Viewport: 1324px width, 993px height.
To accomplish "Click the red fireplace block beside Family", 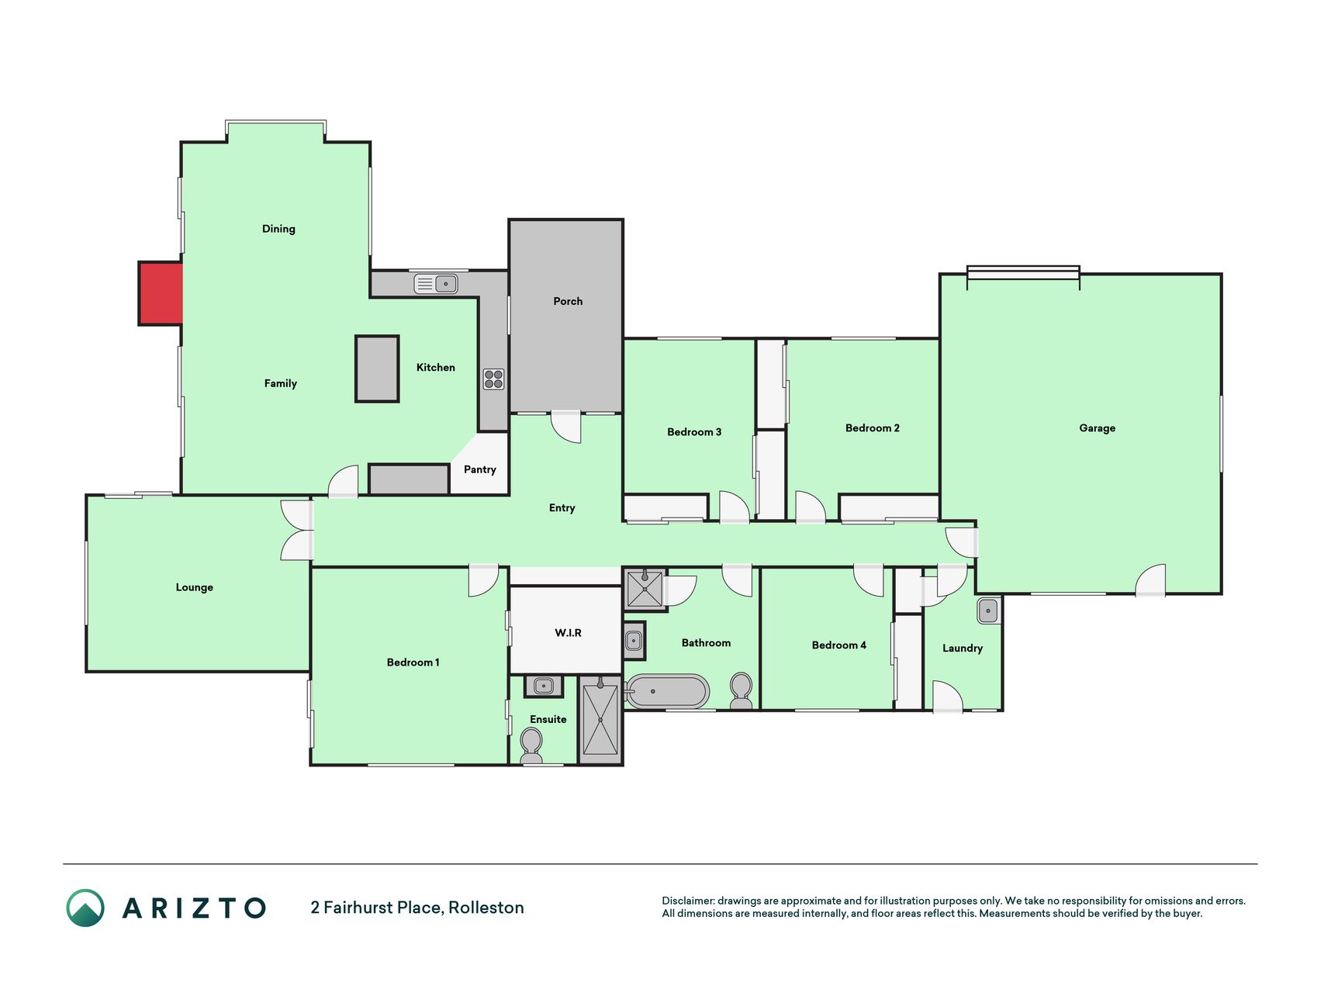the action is coord(161,293).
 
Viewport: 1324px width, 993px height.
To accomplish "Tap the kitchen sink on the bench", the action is coord(435,283).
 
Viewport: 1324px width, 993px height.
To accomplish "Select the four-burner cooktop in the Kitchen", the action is coord(494,379).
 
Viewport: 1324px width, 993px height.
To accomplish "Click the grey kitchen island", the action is coord(377,368).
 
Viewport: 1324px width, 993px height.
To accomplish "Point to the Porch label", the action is coord(568,301).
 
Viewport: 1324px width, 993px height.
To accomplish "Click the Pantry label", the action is coord(480,469).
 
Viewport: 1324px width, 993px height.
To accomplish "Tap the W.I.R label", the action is coord(568,633).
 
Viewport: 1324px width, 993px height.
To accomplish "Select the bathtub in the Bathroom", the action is coord(667,691).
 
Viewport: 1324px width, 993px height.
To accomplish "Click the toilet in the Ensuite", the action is coord(531,746).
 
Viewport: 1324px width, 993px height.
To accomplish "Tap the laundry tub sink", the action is coord(988,611).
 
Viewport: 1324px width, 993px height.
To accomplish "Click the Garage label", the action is coord(1097,428).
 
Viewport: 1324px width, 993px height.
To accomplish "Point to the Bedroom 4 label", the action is coord(839,645).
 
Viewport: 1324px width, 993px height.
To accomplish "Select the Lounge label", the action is coord(194,587).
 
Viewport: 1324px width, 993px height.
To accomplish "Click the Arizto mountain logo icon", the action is coord(85,908).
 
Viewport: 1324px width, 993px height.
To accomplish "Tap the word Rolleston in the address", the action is coord(486,908).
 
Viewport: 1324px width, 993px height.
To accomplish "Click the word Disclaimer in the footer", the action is coord(687,901).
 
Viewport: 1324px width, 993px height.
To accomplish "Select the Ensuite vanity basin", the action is coord(544,687).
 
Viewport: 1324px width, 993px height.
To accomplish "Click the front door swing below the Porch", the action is coord(566,427).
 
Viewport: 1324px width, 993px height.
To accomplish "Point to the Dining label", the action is coord(278,229).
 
